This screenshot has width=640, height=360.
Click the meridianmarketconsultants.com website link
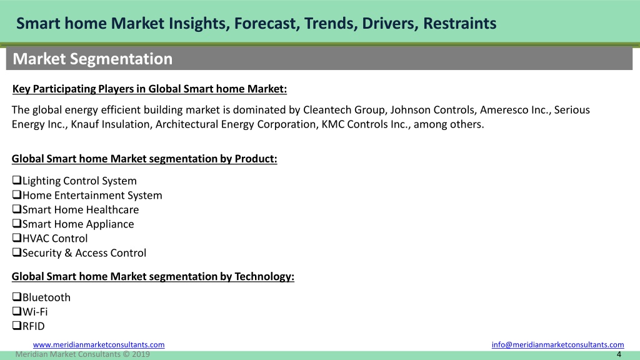click(x=99, y=344)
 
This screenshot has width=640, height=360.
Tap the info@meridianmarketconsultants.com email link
click(x=557, y=344)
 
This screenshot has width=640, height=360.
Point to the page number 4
click(x=619, y=354)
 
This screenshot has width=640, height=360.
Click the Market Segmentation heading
click(x=92, y=59)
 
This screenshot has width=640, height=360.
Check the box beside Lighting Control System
click(x=17, y=180)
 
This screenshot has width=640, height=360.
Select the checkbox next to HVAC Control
click(x=17, y=237)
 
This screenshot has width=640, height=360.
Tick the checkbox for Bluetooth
click(x=17, y=297)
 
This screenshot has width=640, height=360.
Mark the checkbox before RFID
click(x=17, y=325)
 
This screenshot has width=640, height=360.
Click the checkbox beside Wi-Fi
click(x=17, y=311)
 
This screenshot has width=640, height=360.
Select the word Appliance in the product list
click(x=114, y=224)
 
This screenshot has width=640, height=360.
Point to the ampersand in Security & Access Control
click(x=68, y=253)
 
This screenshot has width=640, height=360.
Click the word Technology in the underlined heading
click(x=264, y=277)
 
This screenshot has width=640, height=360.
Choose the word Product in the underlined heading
click(x=256, y=159)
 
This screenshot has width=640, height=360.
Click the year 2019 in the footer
click(x=141, y=354)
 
